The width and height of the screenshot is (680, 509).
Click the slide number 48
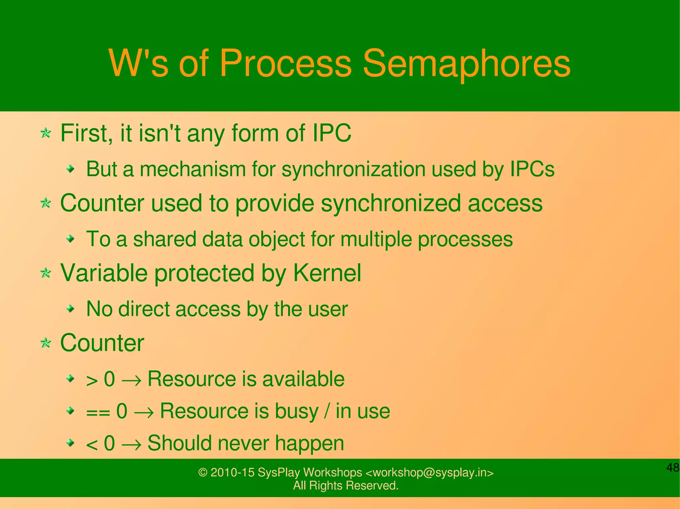point(673,468)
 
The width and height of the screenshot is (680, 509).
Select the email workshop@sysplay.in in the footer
point(429,473)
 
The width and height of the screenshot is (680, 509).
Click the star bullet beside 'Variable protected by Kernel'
point(46,274)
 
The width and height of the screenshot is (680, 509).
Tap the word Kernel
point(327,273)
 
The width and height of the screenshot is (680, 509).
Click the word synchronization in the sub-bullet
point(353,169)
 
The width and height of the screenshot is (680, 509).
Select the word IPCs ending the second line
point(532,169)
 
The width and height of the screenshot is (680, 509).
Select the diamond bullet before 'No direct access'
point(70,309)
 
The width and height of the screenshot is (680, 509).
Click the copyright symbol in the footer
point(203,473)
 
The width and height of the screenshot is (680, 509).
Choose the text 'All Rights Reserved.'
point(346,485)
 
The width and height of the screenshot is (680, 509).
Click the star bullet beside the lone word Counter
point(46,343)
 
